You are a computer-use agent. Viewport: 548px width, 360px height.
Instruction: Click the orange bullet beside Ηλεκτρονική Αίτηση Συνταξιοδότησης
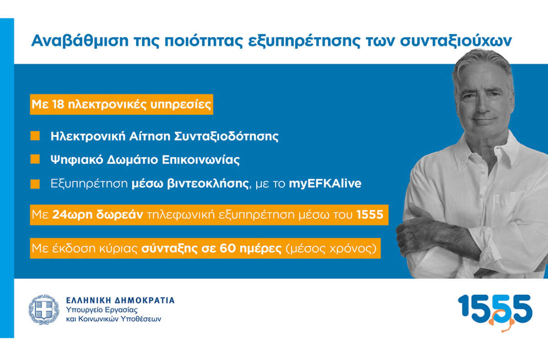pyautogui.click(x=35, y=136)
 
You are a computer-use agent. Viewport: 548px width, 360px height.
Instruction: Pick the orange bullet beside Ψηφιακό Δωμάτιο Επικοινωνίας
pyautogui.click(x=35, y=159)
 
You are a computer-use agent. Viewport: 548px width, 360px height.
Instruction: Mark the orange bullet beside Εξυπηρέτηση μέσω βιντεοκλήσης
pyautogui.click(x=35, y=184)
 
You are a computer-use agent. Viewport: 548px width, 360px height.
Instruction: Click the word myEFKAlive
pyautogui.click(x=325, y=184)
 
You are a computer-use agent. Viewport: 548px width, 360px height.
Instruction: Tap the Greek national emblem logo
pyautogui.click(x=44, y=309)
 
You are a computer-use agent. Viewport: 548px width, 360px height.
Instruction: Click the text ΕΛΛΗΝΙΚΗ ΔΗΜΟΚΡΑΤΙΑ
pyautogui.click(x=121, y=300)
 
